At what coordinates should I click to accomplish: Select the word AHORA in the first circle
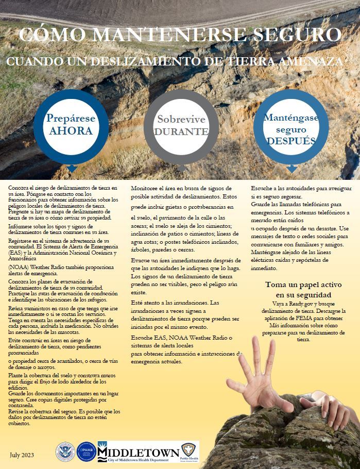pos(71,131)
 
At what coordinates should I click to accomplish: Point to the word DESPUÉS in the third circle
pos(290,141)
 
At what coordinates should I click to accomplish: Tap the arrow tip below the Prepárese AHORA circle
pos(72,169)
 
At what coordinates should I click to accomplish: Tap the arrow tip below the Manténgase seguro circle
pos(292,169)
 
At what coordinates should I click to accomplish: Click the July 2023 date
pos(22,454)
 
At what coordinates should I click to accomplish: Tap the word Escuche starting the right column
pos(263,188)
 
